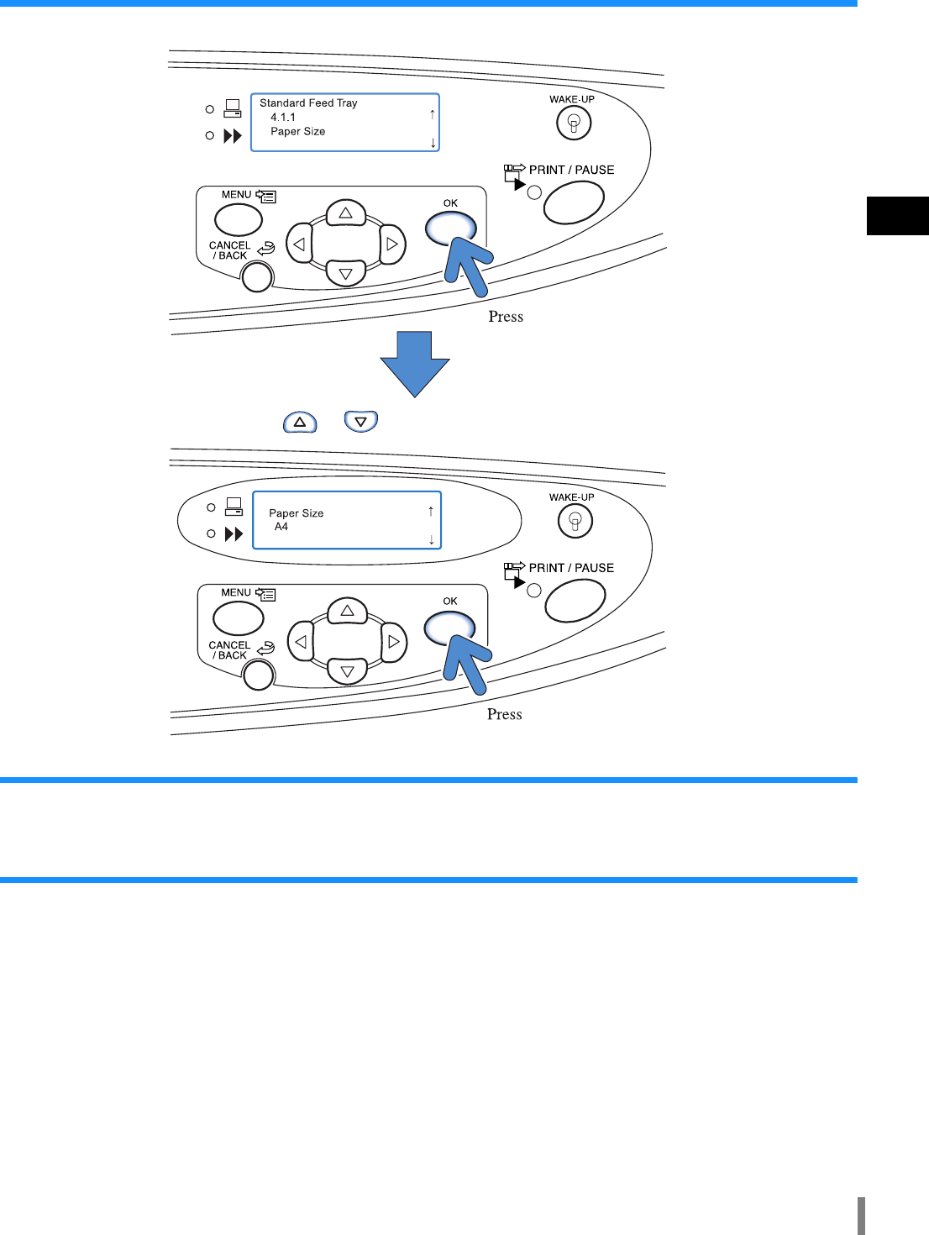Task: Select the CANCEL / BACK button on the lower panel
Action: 258,675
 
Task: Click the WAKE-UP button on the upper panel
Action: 574,123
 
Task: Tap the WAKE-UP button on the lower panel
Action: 575,522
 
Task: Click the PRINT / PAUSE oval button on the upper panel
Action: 574,202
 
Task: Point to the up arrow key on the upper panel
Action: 346,213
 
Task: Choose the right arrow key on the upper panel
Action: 391,244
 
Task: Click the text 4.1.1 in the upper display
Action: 283,118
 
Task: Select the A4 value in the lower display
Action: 281,527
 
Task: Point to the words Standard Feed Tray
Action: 308,103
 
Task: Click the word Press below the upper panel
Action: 506,317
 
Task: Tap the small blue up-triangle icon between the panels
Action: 300,422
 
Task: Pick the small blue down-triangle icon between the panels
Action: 361,422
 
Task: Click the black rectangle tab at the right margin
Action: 897,216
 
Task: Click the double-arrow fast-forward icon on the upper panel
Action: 233,136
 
